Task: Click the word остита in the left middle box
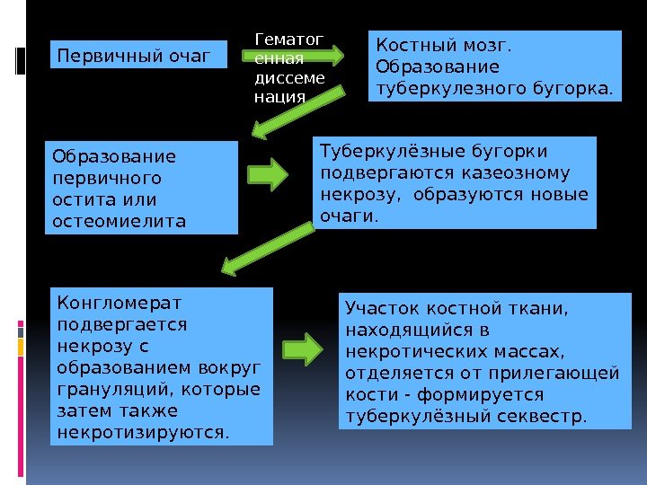(x=79, y=198)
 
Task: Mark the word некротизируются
(x=141, y=432)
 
